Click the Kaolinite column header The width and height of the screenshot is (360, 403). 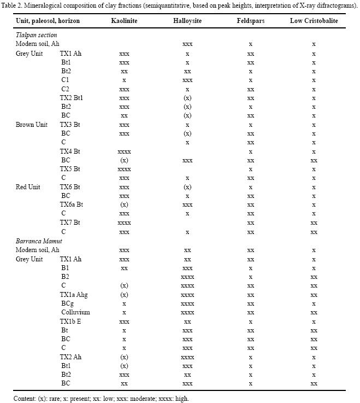[x=124, y=21]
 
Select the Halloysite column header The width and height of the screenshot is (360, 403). [x=187, y=21]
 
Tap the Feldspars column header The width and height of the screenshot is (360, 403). [x=250, y=21]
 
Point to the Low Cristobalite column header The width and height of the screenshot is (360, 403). [x=314, y=21]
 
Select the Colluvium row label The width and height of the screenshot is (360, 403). [x=75, y=313]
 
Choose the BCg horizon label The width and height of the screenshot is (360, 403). [x=67, y=303]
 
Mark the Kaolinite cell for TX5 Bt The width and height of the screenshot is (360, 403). [x=124, y=170]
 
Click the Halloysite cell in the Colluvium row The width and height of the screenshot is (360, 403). [x=187, y=313]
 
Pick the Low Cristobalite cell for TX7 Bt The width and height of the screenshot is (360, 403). [x=314, y=223]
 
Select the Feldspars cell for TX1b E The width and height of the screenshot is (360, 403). [x=250, y=322]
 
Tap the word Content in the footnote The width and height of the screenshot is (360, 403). [x=25, y=398]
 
